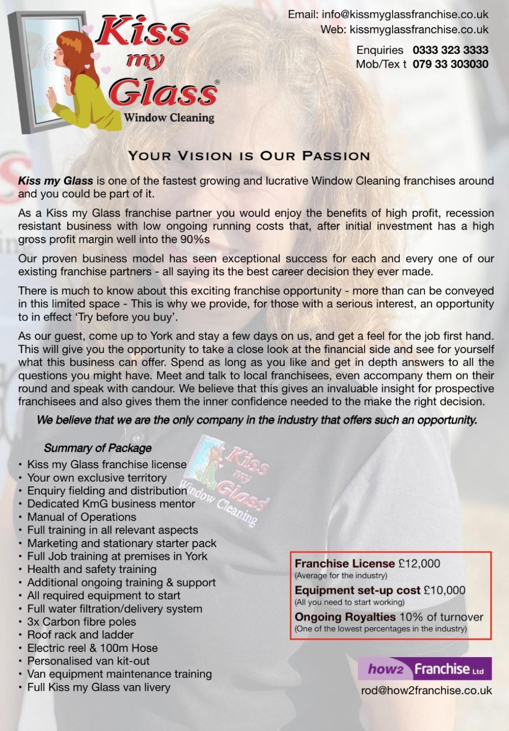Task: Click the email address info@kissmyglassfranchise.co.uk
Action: click(x=405, y=14)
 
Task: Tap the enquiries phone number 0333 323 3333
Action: click(x=450, y=50)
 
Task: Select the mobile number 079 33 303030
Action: click(x=450, y=64)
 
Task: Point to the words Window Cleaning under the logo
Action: click(x=169, y=117)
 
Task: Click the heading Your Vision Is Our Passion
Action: click(x=249, y=156)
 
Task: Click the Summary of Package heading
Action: click(x=98, y=448)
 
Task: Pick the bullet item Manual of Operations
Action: click(x=82, y=517)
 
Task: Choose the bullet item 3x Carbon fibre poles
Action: click(x=82, y=622)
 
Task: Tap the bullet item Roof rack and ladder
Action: click(x=80, y=635)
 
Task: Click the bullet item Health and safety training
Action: click(x=92, y=569)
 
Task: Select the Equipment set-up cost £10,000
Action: click(x=444, y=590)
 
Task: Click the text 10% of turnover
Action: click(x=441, y=617)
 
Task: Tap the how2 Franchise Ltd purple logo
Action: click(x=425, y=669)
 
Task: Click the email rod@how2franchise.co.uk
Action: click(x=426, y=690)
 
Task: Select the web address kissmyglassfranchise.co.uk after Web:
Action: click(x=419, y=29)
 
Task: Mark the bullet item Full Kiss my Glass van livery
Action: click(x=99, y=687)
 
